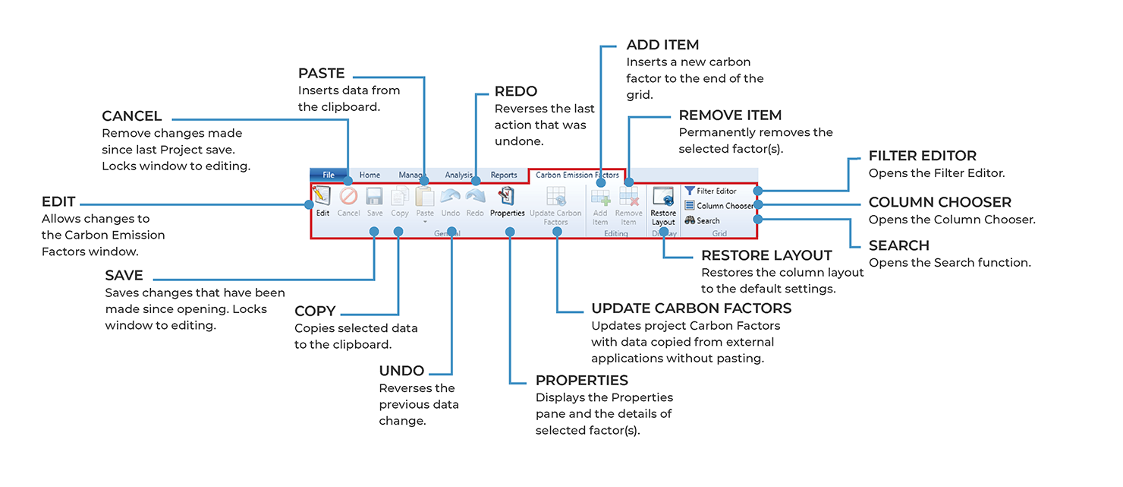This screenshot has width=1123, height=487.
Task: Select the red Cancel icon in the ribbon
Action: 348,198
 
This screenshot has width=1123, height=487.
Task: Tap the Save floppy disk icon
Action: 375,198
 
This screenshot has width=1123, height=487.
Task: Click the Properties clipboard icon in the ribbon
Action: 507,198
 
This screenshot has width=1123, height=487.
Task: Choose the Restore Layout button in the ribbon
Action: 663,205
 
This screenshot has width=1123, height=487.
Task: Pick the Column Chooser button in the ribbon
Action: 719,206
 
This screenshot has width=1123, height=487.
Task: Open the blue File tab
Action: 329,175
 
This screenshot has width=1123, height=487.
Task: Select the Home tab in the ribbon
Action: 370,175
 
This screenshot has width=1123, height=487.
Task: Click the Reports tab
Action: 504,175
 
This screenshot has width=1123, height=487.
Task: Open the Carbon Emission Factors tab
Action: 577,175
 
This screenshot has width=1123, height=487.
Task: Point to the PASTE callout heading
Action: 321,74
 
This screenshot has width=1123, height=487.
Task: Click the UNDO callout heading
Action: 401,371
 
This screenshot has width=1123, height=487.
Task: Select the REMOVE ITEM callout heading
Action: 730,115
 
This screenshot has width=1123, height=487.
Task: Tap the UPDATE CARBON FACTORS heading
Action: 691,308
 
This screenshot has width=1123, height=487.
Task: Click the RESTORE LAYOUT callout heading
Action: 766,255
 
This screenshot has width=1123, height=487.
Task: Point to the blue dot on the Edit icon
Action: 309,204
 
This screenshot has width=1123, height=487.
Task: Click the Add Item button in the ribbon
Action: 600,205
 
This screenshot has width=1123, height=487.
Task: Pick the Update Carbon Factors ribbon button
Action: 556,205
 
